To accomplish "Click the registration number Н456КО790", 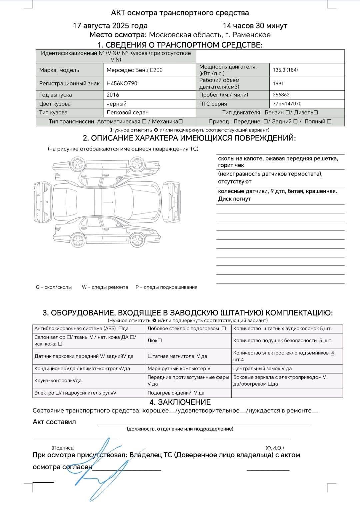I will pos(122,83).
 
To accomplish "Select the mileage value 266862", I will pos(281,95).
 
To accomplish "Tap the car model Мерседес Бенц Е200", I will pos(134,70).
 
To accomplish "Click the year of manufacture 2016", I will pos(113,95).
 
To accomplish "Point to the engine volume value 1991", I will pos(278,83).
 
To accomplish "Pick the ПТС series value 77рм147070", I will pos(287,104).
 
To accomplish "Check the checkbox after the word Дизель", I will pos(316,113).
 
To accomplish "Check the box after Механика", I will pos(181,121).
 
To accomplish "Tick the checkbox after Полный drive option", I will pos(329,121).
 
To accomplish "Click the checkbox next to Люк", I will pos(160,341).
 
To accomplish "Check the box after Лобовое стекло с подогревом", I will pos(224,329).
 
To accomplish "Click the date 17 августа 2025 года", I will pos(110,26).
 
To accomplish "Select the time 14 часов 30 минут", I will pos(255,26).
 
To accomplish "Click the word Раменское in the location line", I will pos(251,35).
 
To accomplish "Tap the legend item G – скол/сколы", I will pos(54,287).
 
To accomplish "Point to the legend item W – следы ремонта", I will pos(105,287).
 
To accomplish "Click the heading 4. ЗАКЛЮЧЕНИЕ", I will pos(180,402).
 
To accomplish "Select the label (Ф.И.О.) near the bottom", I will pos(275,448).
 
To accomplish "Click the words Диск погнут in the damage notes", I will pos(234,199).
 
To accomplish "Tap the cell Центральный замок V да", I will pos(262,369).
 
